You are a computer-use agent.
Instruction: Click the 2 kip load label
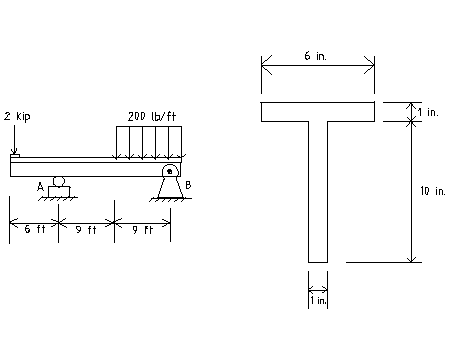[x=17, y=116]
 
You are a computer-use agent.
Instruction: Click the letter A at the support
[x=41, y=186]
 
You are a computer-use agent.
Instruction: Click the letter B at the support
[x=187, y=185]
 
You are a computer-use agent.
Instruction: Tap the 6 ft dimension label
[x=33, y=228]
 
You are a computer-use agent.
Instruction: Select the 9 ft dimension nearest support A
[x=85, y=228]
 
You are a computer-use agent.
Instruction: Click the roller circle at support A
[x=59, y=181]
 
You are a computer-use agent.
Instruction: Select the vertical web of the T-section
[x=318, y=190]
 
